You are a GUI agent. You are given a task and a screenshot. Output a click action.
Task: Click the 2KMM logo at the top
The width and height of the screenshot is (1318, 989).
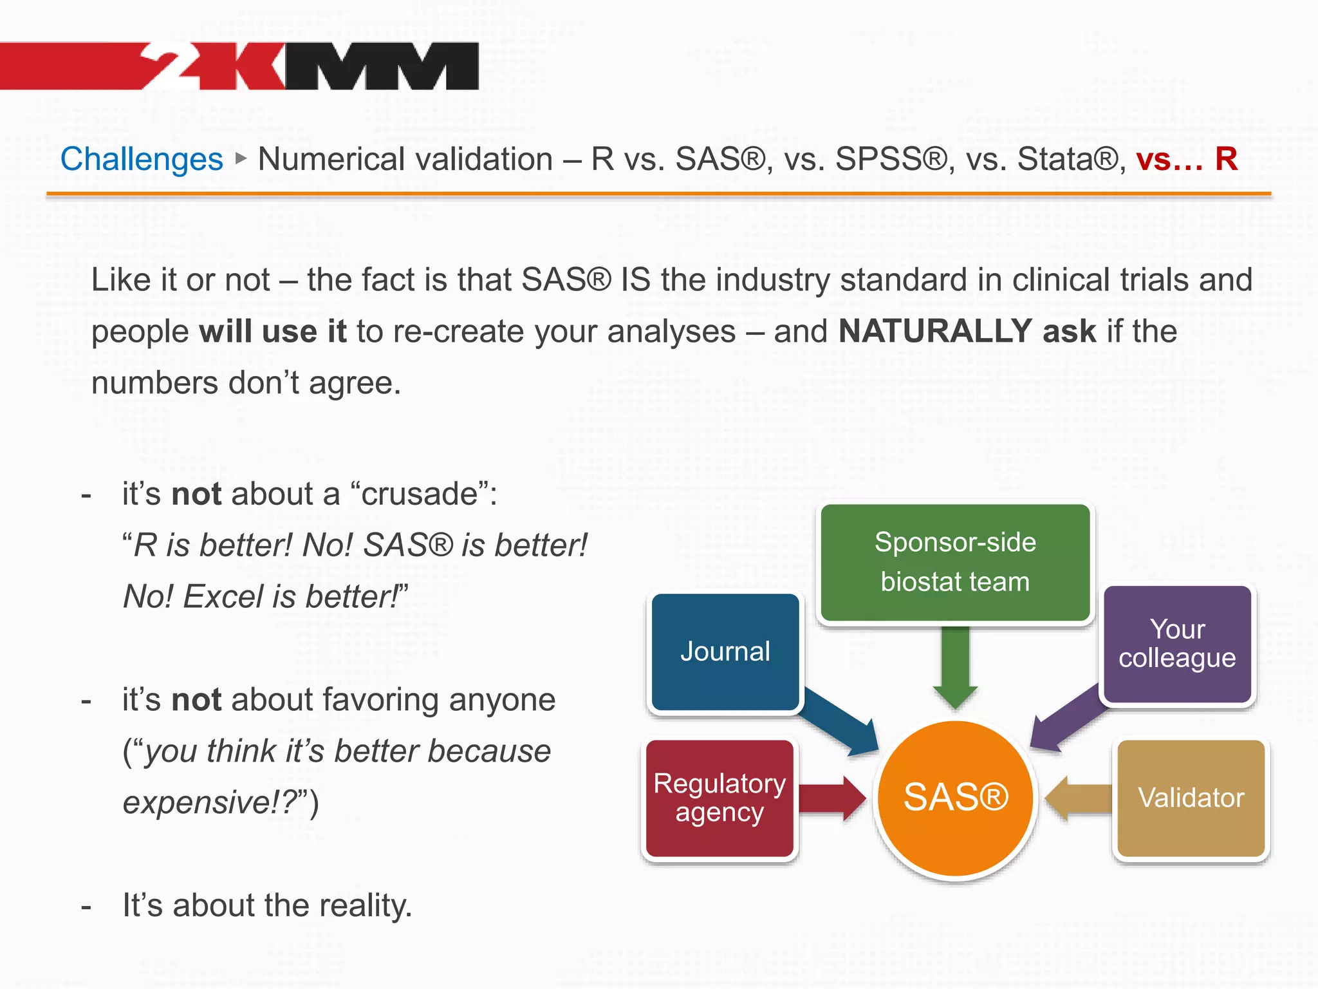309,66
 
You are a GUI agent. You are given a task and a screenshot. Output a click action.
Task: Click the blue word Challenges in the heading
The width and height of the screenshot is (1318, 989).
142,159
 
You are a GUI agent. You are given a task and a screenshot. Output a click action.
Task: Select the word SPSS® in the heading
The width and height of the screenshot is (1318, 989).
891,159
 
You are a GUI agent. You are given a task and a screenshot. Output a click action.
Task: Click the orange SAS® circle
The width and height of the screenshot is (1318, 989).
956,798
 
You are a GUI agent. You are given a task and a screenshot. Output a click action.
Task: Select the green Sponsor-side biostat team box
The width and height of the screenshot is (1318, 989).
955,562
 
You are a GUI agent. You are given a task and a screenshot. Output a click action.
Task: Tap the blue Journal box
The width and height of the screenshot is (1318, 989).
725,652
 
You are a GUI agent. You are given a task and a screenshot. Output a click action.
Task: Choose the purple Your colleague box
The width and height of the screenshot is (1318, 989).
1177,644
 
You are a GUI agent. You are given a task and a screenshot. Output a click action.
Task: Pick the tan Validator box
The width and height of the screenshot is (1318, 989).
1191,798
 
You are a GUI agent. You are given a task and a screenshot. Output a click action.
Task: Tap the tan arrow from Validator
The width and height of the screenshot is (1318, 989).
1078,798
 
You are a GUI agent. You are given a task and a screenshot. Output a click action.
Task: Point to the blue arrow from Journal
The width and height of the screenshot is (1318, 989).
840,721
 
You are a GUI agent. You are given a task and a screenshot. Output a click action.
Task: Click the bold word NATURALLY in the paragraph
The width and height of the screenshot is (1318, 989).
935,332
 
